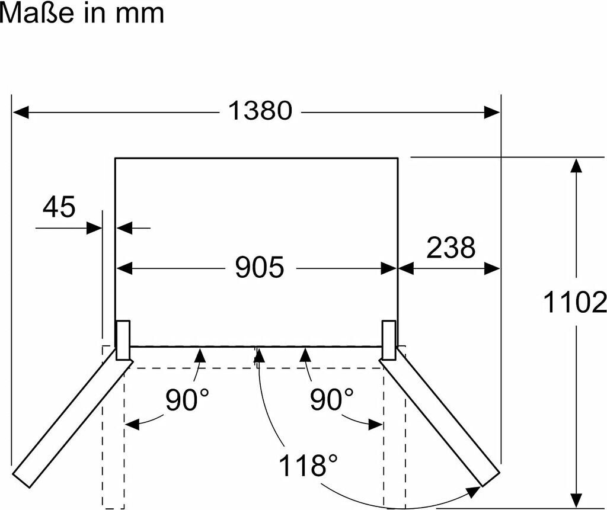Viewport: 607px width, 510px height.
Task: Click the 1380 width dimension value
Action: (260, 111)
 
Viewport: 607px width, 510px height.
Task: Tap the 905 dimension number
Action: (260, 268)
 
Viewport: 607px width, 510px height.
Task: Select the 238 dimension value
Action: (451, 248)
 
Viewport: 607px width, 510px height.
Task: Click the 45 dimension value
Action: (59, 207)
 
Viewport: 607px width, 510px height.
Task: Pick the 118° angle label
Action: (303, 466)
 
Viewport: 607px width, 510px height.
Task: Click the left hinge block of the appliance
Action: (123, 340)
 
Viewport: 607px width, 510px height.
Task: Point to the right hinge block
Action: (389, 340)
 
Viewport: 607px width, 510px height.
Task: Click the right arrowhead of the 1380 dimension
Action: (493, 111)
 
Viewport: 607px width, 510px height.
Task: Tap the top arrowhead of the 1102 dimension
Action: (575, 165)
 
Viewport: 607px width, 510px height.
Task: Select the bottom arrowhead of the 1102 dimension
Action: (575, 501)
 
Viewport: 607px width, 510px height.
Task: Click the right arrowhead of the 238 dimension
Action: (493, 268)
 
